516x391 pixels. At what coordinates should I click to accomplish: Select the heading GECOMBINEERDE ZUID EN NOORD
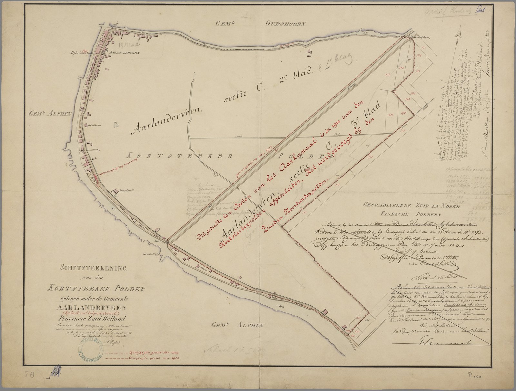[x=411, y=205]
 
